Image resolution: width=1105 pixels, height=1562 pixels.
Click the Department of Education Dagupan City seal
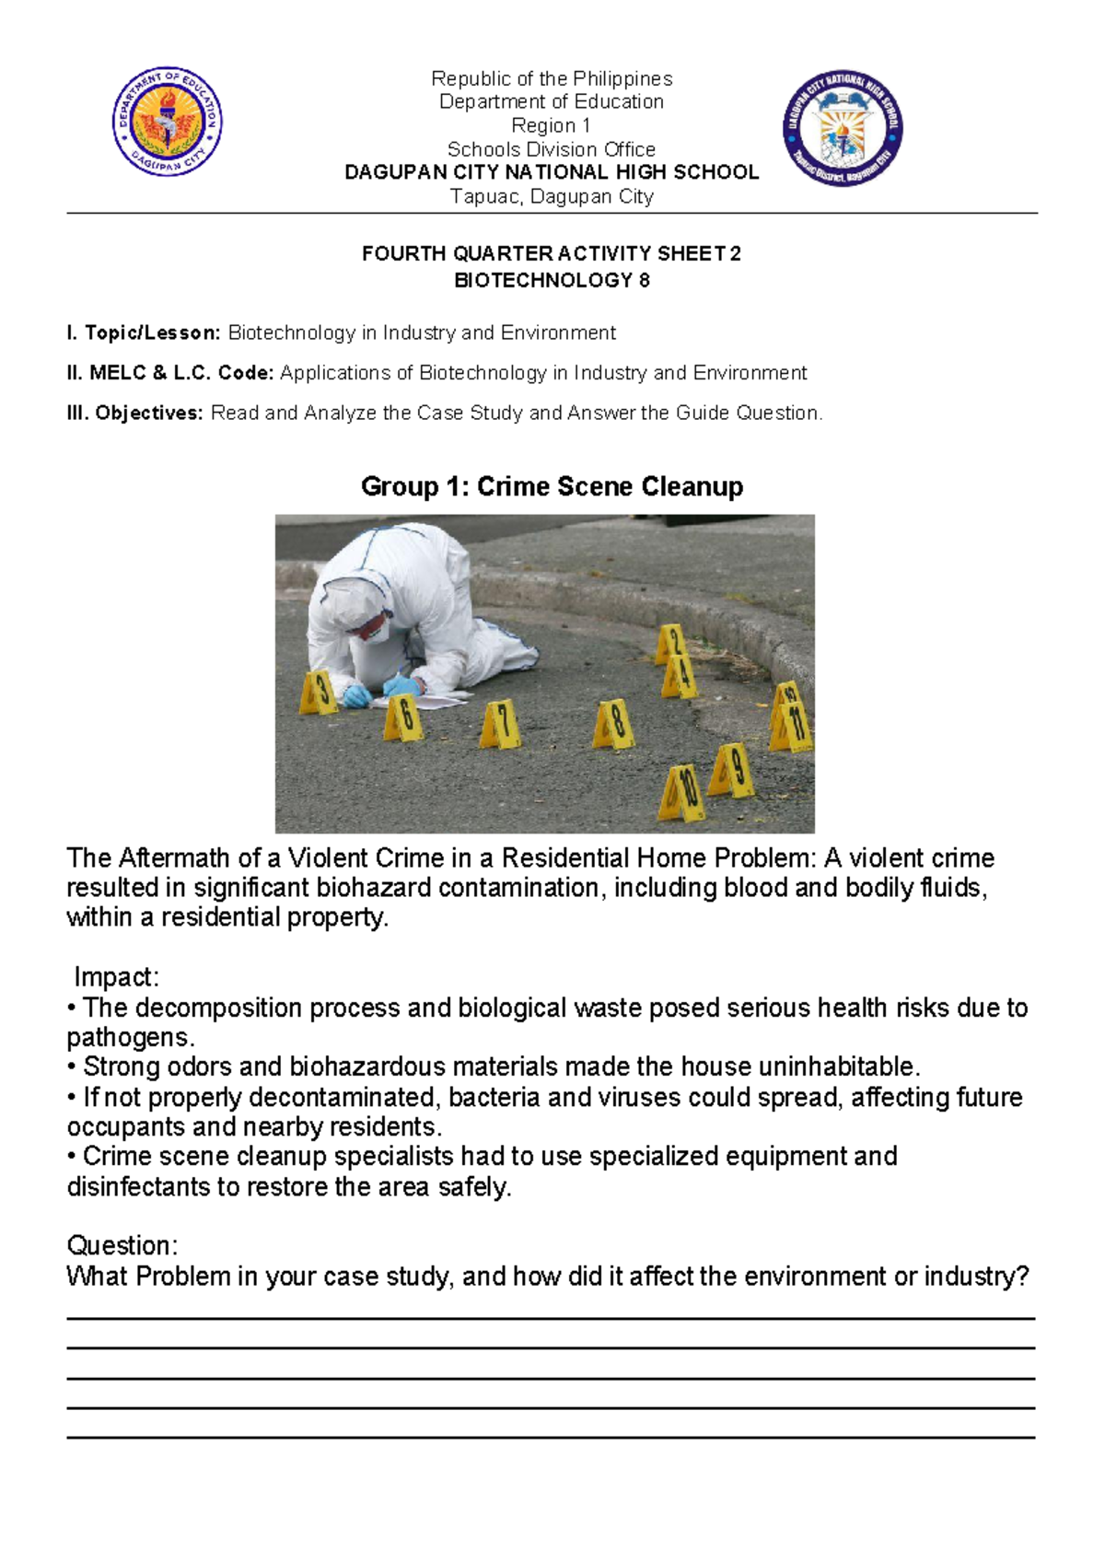tap(167, 122)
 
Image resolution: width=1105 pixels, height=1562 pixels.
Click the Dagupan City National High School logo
tap(842, 128)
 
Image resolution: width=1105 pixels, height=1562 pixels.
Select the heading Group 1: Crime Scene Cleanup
tap(552, 486)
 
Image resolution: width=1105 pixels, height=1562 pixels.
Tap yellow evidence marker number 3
tap(319, 694)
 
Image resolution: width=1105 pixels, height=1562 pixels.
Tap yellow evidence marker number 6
tap(403, 717)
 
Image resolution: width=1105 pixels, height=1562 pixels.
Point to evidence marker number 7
tap(500, 724)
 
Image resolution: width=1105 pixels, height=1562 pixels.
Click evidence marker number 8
tap(613, 724)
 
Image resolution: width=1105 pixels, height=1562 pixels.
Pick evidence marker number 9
tap(733, 770)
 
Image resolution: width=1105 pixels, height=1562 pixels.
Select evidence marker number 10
tap(682, 792)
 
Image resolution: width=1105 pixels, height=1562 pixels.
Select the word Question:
tap(122, 1246)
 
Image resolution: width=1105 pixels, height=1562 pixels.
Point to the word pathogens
tap(129, 1038)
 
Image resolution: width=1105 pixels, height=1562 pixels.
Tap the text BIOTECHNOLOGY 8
tap(552, 280)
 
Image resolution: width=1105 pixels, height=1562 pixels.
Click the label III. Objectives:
tap(134, 414)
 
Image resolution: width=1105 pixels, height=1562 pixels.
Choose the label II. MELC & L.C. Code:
tap(170, 373)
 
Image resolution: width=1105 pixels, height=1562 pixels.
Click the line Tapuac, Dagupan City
tap(552, 196)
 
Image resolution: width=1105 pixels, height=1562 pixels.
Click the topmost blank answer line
tap(552, 1318)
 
